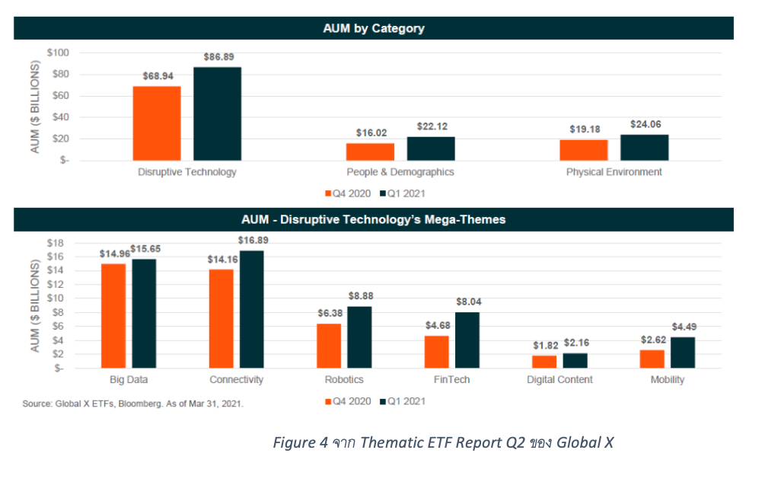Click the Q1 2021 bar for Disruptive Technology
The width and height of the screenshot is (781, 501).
(217, 113)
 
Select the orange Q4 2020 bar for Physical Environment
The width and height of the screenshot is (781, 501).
(583, 150)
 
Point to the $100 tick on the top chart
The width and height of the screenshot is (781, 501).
(58, 53)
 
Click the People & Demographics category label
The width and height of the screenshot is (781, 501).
(400, 172)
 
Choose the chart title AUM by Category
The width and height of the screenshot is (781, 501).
(374, 28)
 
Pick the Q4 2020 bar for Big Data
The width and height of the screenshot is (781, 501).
(113, 315)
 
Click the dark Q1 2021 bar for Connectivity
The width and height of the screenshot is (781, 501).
(252, 309)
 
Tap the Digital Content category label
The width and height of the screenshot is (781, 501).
(559, 379)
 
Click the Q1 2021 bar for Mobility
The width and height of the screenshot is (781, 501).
(684, 353)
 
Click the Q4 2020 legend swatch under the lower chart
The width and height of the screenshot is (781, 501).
(328, 400)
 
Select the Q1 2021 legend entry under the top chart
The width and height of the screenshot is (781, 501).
(403, 193)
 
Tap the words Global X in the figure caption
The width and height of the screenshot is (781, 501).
(585, 442)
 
